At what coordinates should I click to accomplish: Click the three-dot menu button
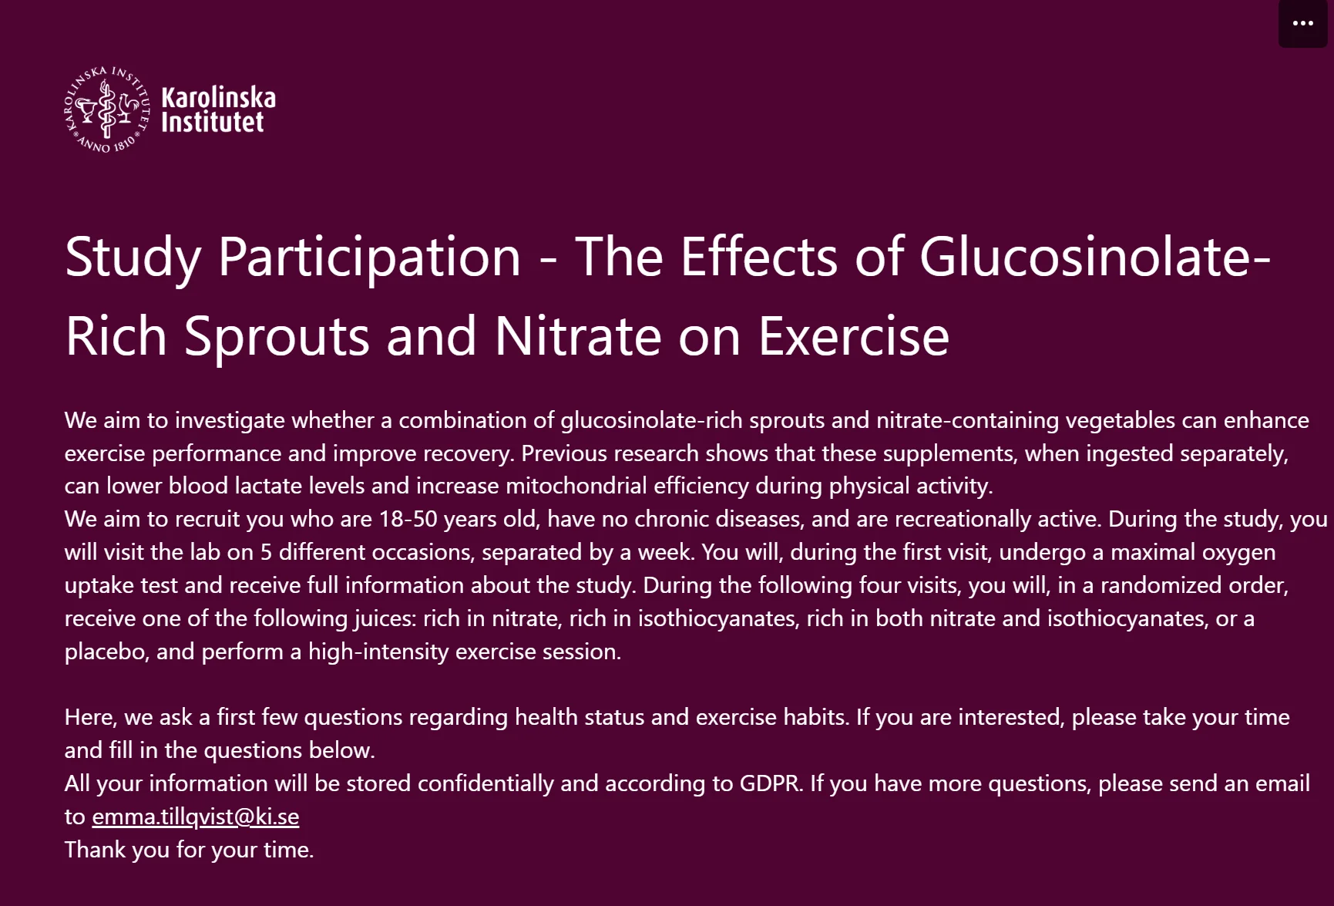[x=1303, y=23]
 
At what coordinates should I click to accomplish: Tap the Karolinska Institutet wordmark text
[x=218, y=109]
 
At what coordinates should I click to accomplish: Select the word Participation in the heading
[x=370, y=258]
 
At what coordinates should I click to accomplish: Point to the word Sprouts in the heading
[x=277, y=337]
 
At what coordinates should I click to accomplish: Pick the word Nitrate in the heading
[x=577, y=336]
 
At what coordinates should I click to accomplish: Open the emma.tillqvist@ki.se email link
[x=196, y=817]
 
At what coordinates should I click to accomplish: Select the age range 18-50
[x=408, y=519]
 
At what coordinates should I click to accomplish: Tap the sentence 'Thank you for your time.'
[x=190, y=850]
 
